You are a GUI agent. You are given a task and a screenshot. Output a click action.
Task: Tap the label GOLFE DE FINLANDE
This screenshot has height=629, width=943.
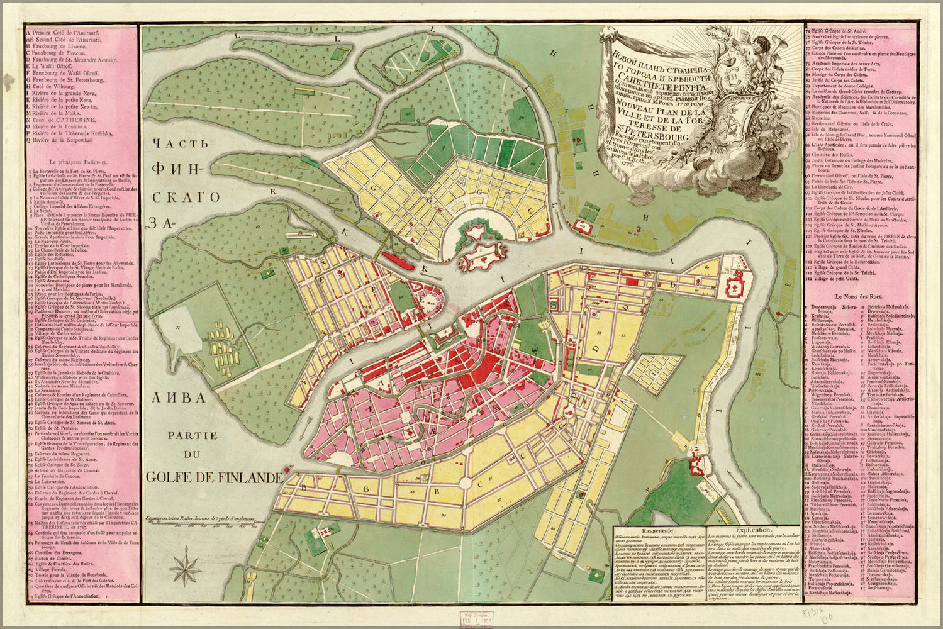[213, 477]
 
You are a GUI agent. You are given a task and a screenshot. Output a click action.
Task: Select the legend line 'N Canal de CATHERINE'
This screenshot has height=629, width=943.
[60, 119]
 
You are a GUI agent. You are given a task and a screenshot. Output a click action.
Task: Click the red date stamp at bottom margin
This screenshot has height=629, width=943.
[476, 617]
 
